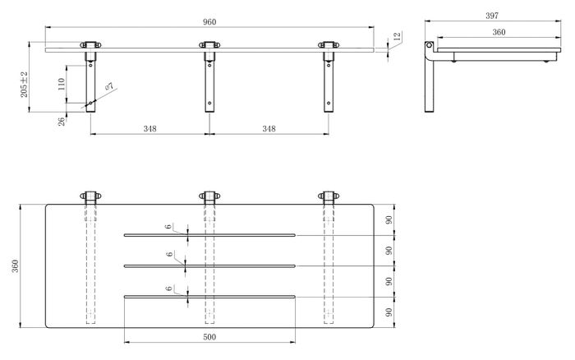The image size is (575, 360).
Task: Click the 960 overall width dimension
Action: (x=209, y=22)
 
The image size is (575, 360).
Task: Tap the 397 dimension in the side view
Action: (x=492, y=16)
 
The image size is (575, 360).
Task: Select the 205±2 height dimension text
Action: (x=24, y=85)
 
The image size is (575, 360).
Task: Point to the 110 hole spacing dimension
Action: (x=62, y=84)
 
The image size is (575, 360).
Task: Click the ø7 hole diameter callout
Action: (x=109, y=86)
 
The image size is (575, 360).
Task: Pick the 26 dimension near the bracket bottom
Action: (x=62, y=120)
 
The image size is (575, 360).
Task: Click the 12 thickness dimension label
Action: (x=397, y=36)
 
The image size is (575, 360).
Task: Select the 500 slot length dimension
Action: (x=209, y=337)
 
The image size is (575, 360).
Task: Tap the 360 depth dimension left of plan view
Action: (x=15, y=266)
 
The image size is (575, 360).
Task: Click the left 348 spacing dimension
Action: (x=150, y=129)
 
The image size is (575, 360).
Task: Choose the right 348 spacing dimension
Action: (x=269, y=129)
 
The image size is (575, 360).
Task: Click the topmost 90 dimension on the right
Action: (x=389, y=219)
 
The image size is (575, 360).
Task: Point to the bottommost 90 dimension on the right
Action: (x=389, y=312)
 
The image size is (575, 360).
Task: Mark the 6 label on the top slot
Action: (x=168, y=227)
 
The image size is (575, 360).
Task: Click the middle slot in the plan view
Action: (x=209, y=265)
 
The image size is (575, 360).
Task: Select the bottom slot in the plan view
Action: (x=209, y=296)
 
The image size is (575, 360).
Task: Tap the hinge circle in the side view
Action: (x=429, y=45)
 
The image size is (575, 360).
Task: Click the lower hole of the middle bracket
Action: (x=209, y=103)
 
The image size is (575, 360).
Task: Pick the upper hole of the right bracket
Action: (x=329, y=65)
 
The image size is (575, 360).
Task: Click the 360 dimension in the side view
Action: (x=499, y=32)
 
